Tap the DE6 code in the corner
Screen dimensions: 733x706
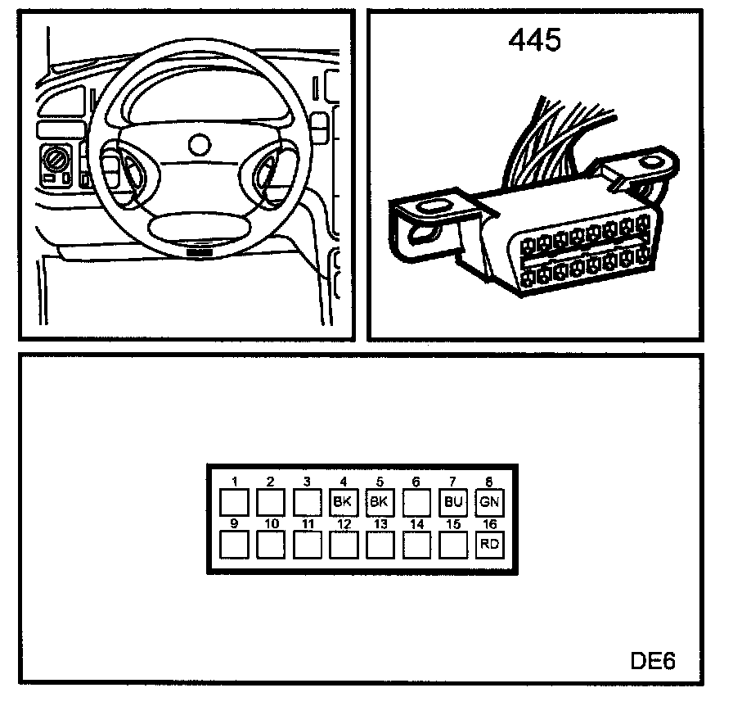tap(653, 659)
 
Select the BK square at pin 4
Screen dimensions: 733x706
tap(343, 501)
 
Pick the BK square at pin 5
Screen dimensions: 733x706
tap(379, 501)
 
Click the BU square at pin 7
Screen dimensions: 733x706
tap(452, 501)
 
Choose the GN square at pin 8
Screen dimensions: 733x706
tap(489, 501)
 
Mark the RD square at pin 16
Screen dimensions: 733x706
tap(489, 544)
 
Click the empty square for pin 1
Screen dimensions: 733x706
tap(234, 501)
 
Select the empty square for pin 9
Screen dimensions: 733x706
tap(234, 544)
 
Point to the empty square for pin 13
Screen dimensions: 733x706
tap(380, 544)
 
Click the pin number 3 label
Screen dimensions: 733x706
tap(306, 482)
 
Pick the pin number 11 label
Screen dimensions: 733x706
tap(308, 523)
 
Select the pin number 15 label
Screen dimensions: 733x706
tap(453, 523)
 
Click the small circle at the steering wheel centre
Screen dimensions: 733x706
tap(198, 144)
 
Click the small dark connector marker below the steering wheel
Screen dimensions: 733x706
tap(198, 253)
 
